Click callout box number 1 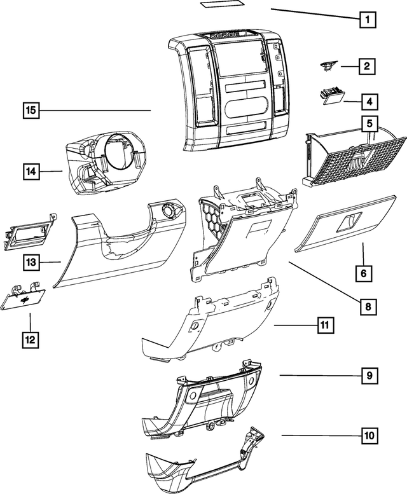[366, 19]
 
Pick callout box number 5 [368, 122]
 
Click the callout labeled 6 [363, 273]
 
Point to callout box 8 [367, 306]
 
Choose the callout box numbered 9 [368, 376]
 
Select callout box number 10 [368, 436]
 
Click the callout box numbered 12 [29, 340]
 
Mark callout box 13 [29, 261]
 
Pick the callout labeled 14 [29, 171]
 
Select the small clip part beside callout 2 [328, 65]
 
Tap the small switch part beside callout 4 [330, 95]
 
